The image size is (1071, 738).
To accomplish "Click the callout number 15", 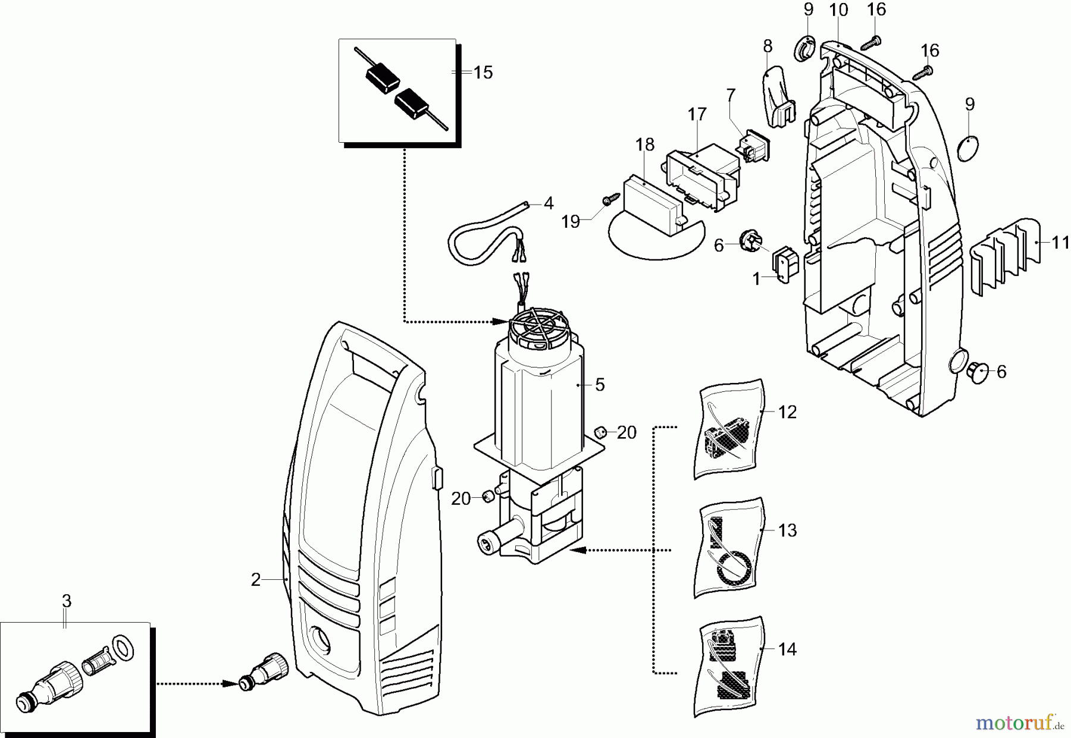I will coord(483,73).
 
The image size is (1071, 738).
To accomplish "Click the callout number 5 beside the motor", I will coord(599,385).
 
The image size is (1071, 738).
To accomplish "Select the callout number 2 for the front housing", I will coord(255,579).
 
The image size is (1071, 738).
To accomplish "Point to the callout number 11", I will coord(1060,243).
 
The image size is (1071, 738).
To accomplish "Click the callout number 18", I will coord(644,145).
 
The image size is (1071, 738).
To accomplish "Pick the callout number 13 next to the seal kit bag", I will coord(787,530).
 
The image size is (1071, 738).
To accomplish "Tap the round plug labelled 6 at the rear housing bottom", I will coord(977,372).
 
